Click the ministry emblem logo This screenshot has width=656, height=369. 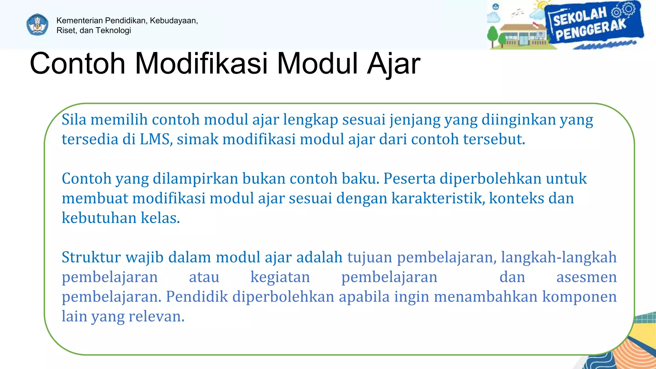pyautogui.click(x=37, y=25)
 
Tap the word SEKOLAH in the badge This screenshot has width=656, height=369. pyautogui.click(x=580, y=16)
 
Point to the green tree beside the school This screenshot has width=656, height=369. pyautogui.click(x=492, y=35)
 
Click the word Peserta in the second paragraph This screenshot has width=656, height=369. pyautogui.click(x=409, y=179)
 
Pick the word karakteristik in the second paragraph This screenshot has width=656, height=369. pyautogui.click(x=438, y=199)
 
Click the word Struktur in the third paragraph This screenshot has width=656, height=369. pyautogui.click(x=91, y=258)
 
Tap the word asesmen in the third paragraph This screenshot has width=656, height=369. pyautogui.click(x=586, y=277)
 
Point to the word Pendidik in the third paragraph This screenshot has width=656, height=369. pyautogui.click(x=197, y=297)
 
